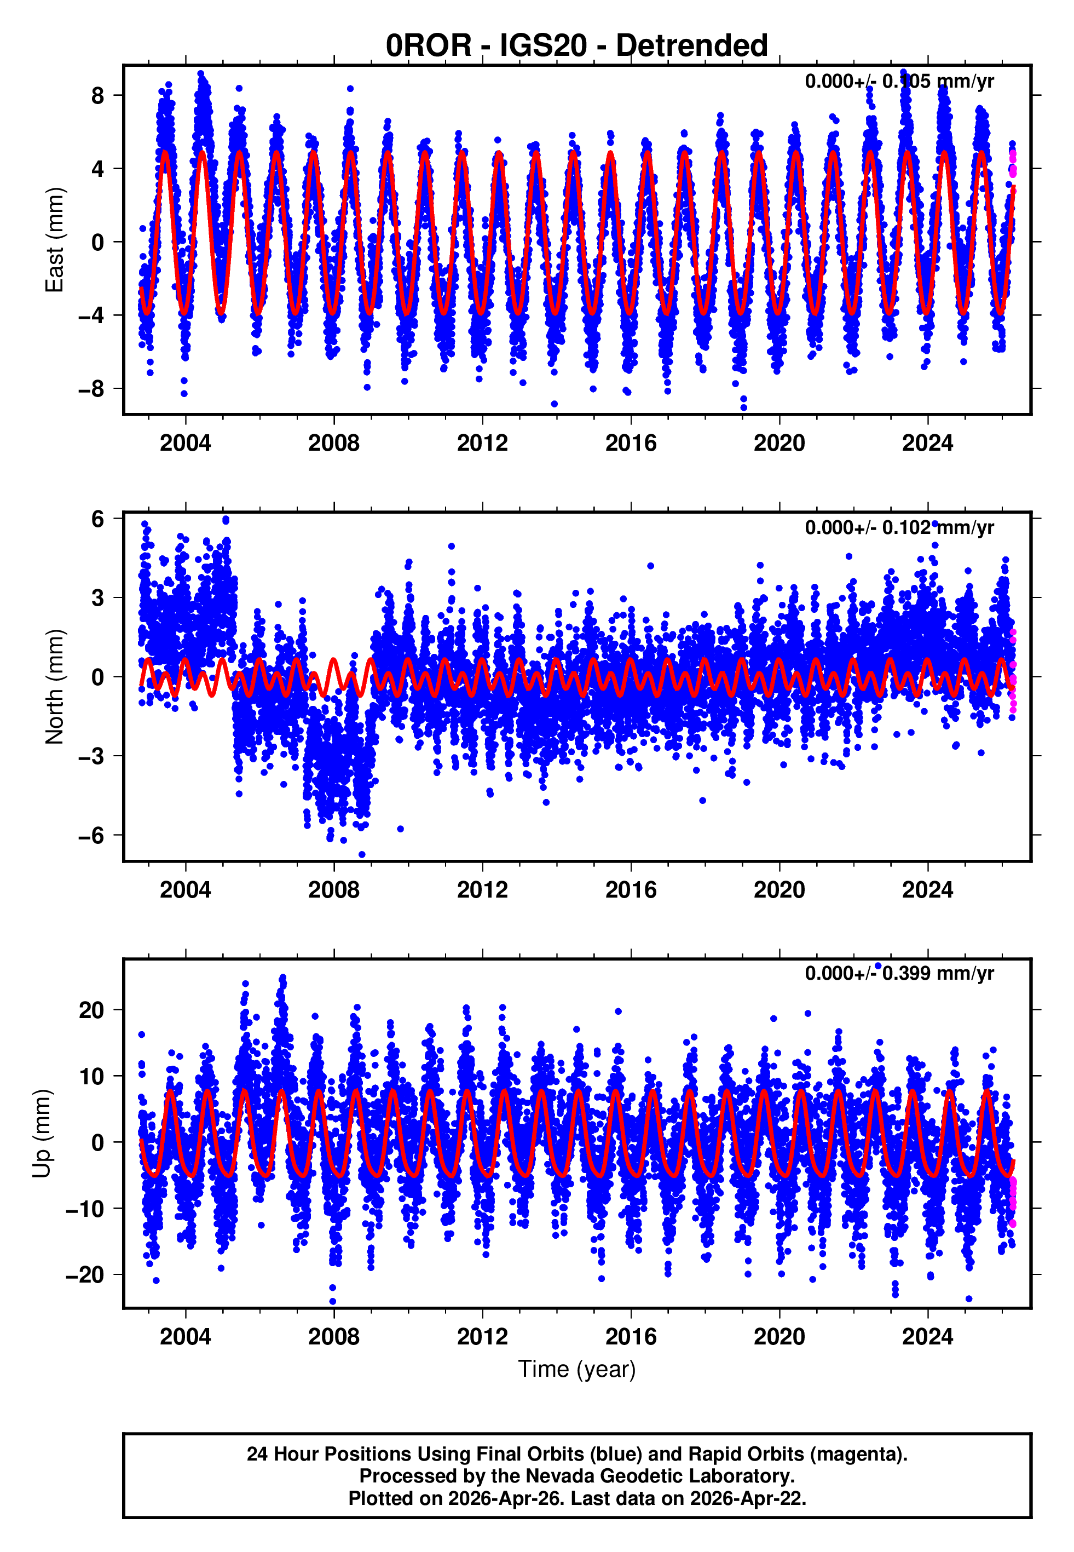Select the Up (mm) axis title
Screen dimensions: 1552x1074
tap(42, 1134)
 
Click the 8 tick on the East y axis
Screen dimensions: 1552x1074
tap(98, 96)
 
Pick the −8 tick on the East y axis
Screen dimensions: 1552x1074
tap(91, 388)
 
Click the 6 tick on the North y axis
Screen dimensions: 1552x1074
tap(98, 519)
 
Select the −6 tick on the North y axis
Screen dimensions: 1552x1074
tap(91, 835)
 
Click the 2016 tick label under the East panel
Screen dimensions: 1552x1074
tap(631, 444)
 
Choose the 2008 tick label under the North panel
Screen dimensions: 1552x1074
tap(334, 890)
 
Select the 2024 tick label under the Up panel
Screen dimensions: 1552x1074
tap(927, 1336)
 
